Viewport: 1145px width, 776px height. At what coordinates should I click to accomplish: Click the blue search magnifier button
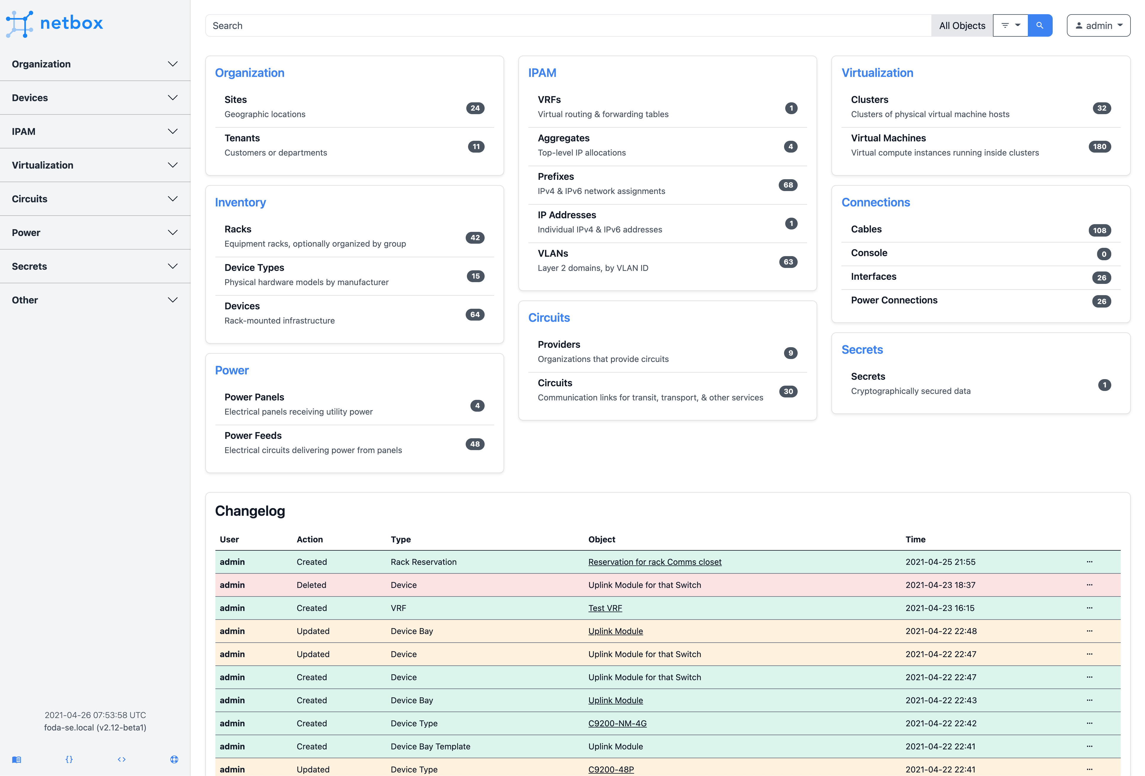click(1040, 26)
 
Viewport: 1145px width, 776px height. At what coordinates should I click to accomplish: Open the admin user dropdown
click(1098, 26)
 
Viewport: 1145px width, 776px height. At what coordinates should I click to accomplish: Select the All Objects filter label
click(962, 26)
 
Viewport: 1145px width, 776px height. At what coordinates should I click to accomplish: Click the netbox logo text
click(71, 23)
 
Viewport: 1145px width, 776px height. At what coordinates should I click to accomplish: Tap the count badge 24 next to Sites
click(475, 108)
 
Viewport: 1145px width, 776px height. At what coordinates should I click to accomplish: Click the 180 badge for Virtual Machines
click(1099, 147)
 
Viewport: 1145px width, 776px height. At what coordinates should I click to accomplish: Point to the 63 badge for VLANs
click(788, 262)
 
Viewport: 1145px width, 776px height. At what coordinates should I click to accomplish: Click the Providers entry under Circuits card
click(559, 345)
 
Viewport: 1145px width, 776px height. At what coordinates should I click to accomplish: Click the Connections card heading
click(875, 202)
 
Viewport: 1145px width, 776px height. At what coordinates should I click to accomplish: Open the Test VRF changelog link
click(605, 608)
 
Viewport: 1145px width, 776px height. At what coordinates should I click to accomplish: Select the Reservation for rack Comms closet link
click(654, 562)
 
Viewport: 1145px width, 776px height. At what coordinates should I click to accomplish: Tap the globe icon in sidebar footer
click(174, 759)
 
